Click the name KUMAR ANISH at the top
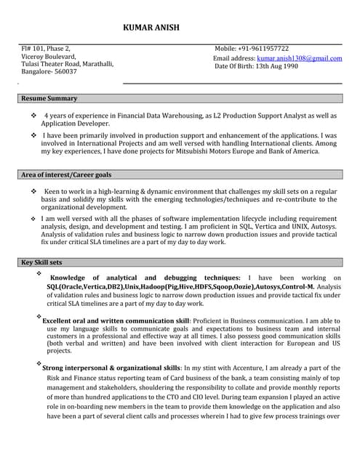[151, 28]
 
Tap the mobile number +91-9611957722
[263, 49]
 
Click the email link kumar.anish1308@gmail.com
[299, 57]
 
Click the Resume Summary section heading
[49, 98]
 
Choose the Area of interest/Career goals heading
[66, 175]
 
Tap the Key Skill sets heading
[41, 262]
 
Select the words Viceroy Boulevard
[48, 56]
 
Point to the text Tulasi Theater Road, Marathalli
[67, 64]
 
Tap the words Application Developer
[76, 124]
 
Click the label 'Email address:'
[234, 57]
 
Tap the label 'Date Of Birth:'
[235, 66]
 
